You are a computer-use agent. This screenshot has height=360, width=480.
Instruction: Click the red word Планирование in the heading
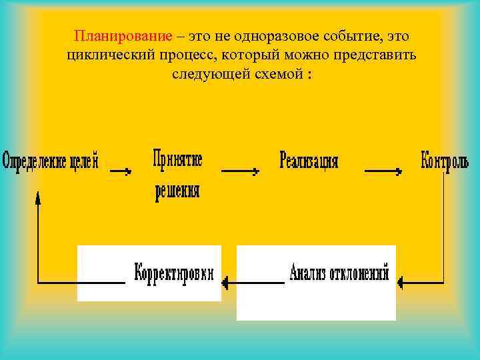123,36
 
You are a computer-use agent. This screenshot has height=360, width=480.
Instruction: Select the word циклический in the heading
105,55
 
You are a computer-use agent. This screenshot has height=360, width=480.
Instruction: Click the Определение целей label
51,161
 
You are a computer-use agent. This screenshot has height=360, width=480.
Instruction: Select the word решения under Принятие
177,192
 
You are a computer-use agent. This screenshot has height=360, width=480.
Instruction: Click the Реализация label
309,161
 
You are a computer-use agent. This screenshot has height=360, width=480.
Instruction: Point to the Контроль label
445,161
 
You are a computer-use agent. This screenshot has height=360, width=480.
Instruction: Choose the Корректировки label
175,273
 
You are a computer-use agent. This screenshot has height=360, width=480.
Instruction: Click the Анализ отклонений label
339,273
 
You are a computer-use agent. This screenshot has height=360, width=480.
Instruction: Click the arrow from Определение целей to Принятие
121,171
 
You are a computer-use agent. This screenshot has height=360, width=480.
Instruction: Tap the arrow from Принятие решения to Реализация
240,171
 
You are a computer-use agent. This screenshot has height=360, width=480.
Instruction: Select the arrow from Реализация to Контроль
383,171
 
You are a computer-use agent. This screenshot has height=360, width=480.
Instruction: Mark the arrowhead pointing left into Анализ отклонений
400,283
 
